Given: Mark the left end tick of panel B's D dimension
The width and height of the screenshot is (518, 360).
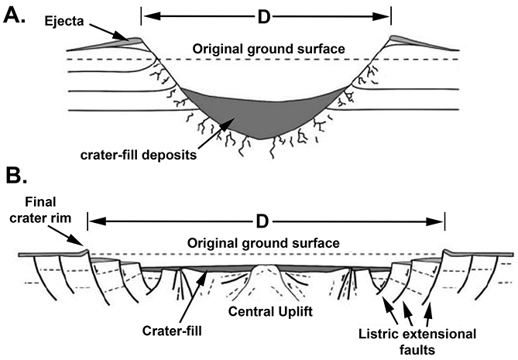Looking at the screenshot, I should click(88, 222).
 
